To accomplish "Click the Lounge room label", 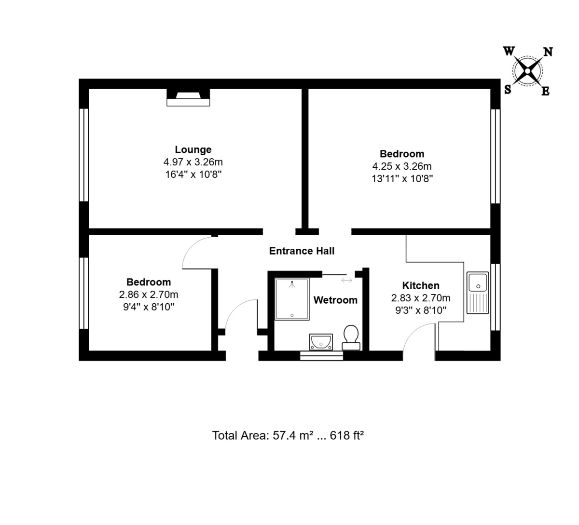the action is pos(193,149).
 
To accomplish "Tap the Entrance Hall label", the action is pos(302,251).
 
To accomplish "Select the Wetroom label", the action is pos(335,300).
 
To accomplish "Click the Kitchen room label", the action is pos(421,285).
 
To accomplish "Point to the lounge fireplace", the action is pos(188,97).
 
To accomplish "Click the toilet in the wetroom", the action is pos(351,337).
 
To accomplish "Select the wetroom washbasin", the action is pos(321,342).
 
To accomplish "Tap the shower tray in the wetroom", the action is pos(292,299).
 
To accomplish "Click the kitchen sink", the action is pos(478,293).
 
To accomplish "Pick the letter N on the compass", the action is pos(548,52).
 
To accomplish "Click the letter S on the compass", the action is pos(508,90).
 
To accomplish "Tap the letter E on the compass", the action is pos(545,92).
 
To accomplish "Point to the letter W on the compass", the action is pos(509,52).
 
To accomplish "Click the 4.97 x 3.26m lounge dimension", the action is pos(193,162).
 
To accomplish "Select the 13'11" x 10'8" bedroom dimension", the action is pos(402,179).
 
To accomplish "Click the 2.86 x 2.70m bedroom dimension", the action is pos(149,295).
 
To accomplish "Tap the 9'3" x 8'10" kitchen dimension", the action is pos(421,310).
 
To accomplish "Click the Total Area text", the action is pos(288,435).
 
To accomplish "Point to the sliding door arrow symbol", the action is pos(346,280).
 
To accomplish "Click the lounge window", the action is pos(83,155).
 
